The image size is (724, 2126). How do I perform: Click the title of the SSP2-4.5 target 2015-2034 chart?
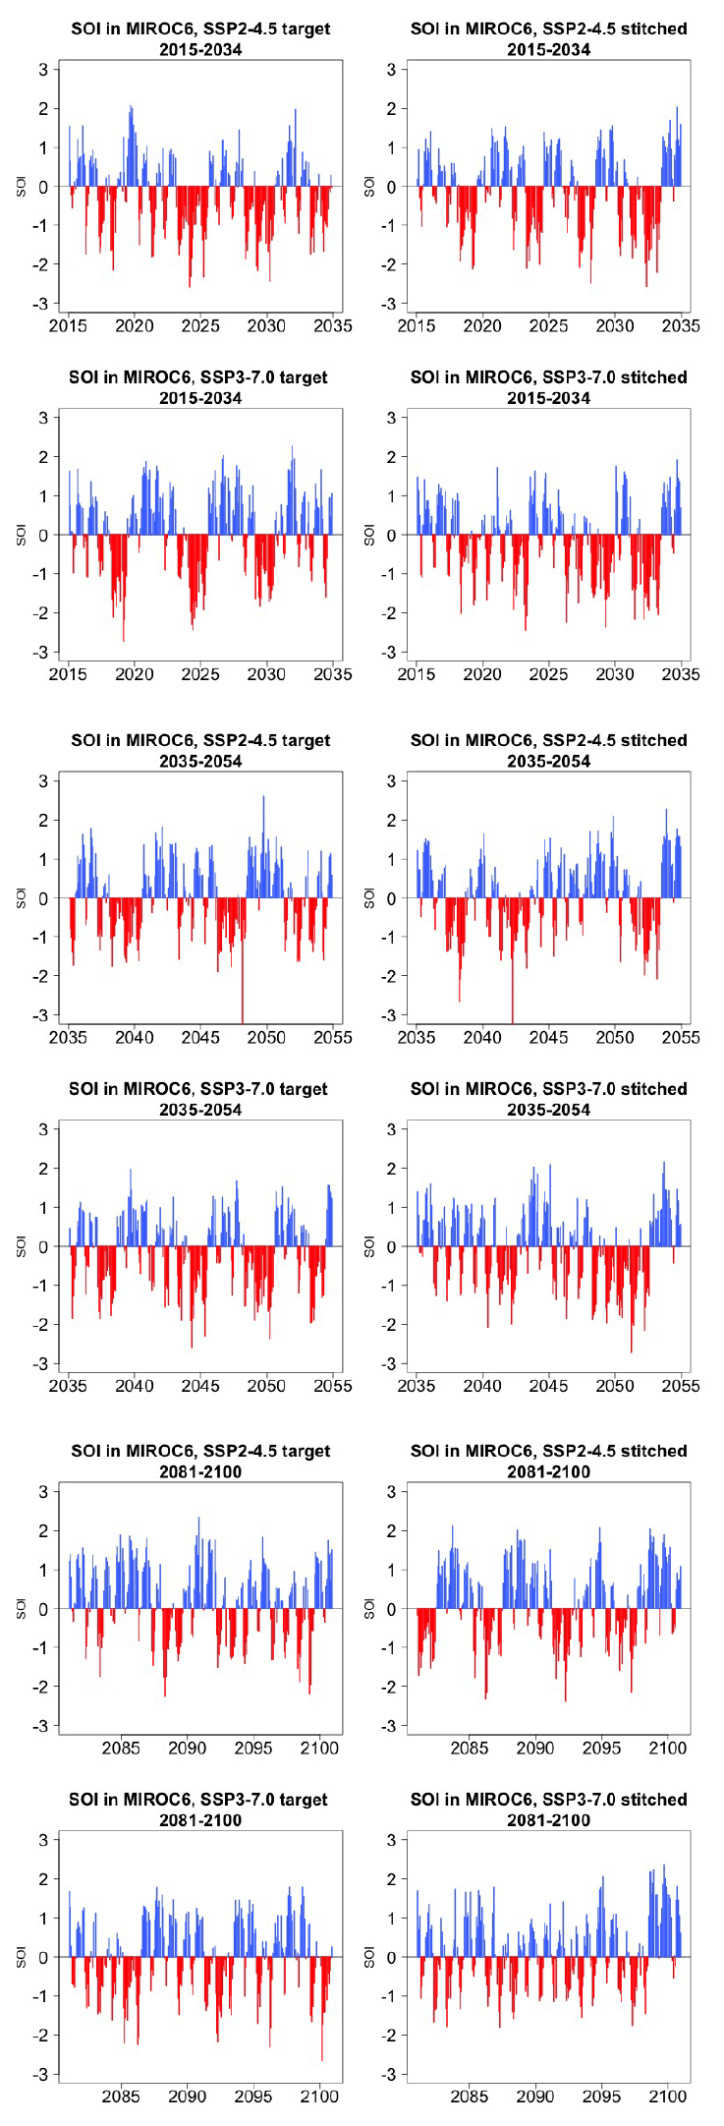click(x=200, y=38)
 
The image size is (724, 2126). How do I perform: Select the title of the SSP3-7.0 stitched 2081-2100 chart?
click(x=548, y=1810)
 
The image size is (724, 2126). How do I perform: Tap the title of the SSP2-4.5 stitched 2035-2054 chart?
click(x=548, y=750)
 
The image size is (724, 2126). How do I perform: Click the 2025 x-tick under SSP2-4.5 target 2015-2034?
click(x=200, y=326)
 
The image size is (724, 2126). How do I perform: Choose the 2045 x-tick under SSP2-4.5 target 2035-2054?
click(x=200, y=1037)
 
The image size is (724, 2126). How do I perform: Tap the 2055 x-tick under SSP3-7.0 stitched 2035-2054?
click(x=681, y=1386)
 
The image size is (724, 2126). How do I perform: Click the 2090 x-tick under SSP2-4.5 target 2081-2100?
click(x=188, y=1749)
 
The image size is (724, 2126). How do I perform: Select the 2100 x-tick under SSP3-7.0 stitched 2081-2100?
click(x=668, y=2097)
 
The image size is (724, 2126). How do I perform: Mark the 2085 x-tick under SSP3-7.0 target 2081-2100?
click(x=121, y=2097)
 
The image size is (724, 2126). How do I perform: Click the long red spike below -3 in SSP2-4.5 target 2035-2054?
click(x=243, y=1012)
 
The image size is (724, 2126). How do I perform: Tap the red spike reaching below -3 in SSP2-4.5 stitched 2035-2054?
click(x=512, y=1012)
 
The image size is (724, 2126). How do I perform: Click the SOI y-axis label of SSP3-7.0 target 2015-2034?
click(x=21, y=535)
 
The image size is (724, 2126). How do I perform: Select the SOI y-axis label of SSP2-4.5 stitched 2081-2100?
click(x=369, y=1608)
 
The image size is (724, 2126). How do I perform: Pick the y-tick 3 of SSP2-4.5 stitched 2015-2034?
click(x=391, y=70)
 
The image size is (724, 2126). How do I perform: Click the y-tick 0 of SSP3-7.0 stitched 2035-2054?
click(x=391, y=1246)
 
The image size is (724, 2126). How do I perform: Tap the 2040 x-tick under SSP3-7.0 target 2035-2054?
click(x=135, y=1386)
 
